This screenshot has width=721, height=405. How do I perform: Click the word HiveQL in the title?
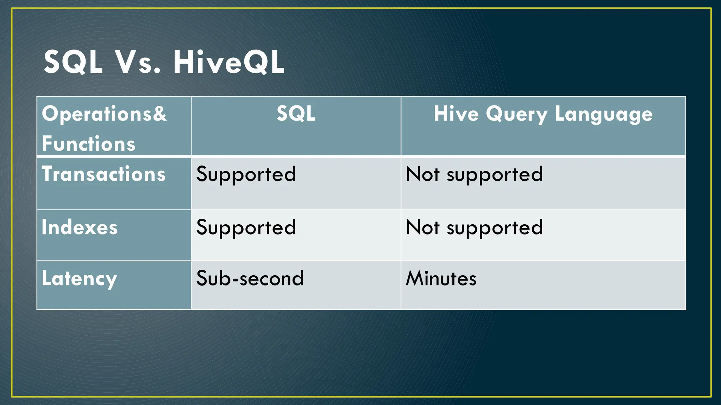tap(228, 62)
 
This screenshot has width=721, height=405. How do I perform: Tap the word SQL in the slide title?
tap(73, 62)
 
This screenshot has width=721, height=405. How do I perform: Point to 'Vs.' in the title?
tap(138, 62)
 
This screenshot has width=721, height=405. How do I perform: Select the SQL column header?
tap(296, 114)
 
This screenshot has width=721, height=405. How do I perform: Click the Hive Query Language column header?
tap(543, 114)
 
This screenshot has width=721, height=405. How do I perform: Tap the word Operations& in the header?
tap(104, 114)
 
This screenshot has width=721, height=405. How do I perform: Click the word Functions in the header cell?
tap(88, 144)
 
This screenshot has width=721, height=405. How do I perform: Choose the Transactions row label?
tap(104, 174)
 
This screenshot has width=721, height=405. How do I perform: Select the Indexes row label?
tap(80, 227)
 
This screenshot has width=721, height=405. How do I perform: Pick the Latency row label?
tap(79, 279)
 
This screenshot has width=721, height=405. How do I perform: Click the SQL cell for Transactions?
tap(246, 174)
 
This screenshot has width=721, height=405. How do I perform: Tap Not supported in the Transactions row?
tap(474, 174)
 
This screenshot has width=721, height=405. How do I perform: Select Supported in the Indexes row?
tap(246, 227)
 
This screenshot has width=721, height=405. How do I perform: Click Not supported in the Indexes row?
tap(474, 227)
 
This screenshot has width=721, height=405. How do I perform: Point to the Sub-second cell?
tap(250, 278)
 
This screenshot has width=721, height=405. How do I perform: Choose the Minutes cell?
tap(441, 278)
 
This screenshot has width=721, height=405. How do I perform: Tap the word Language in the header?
tap(603, 114)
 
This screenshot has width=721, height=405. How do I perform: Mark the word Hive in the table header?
tap(456, 114)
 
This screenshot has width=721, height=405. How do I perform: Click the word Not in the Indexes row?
tap(422, 227)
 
